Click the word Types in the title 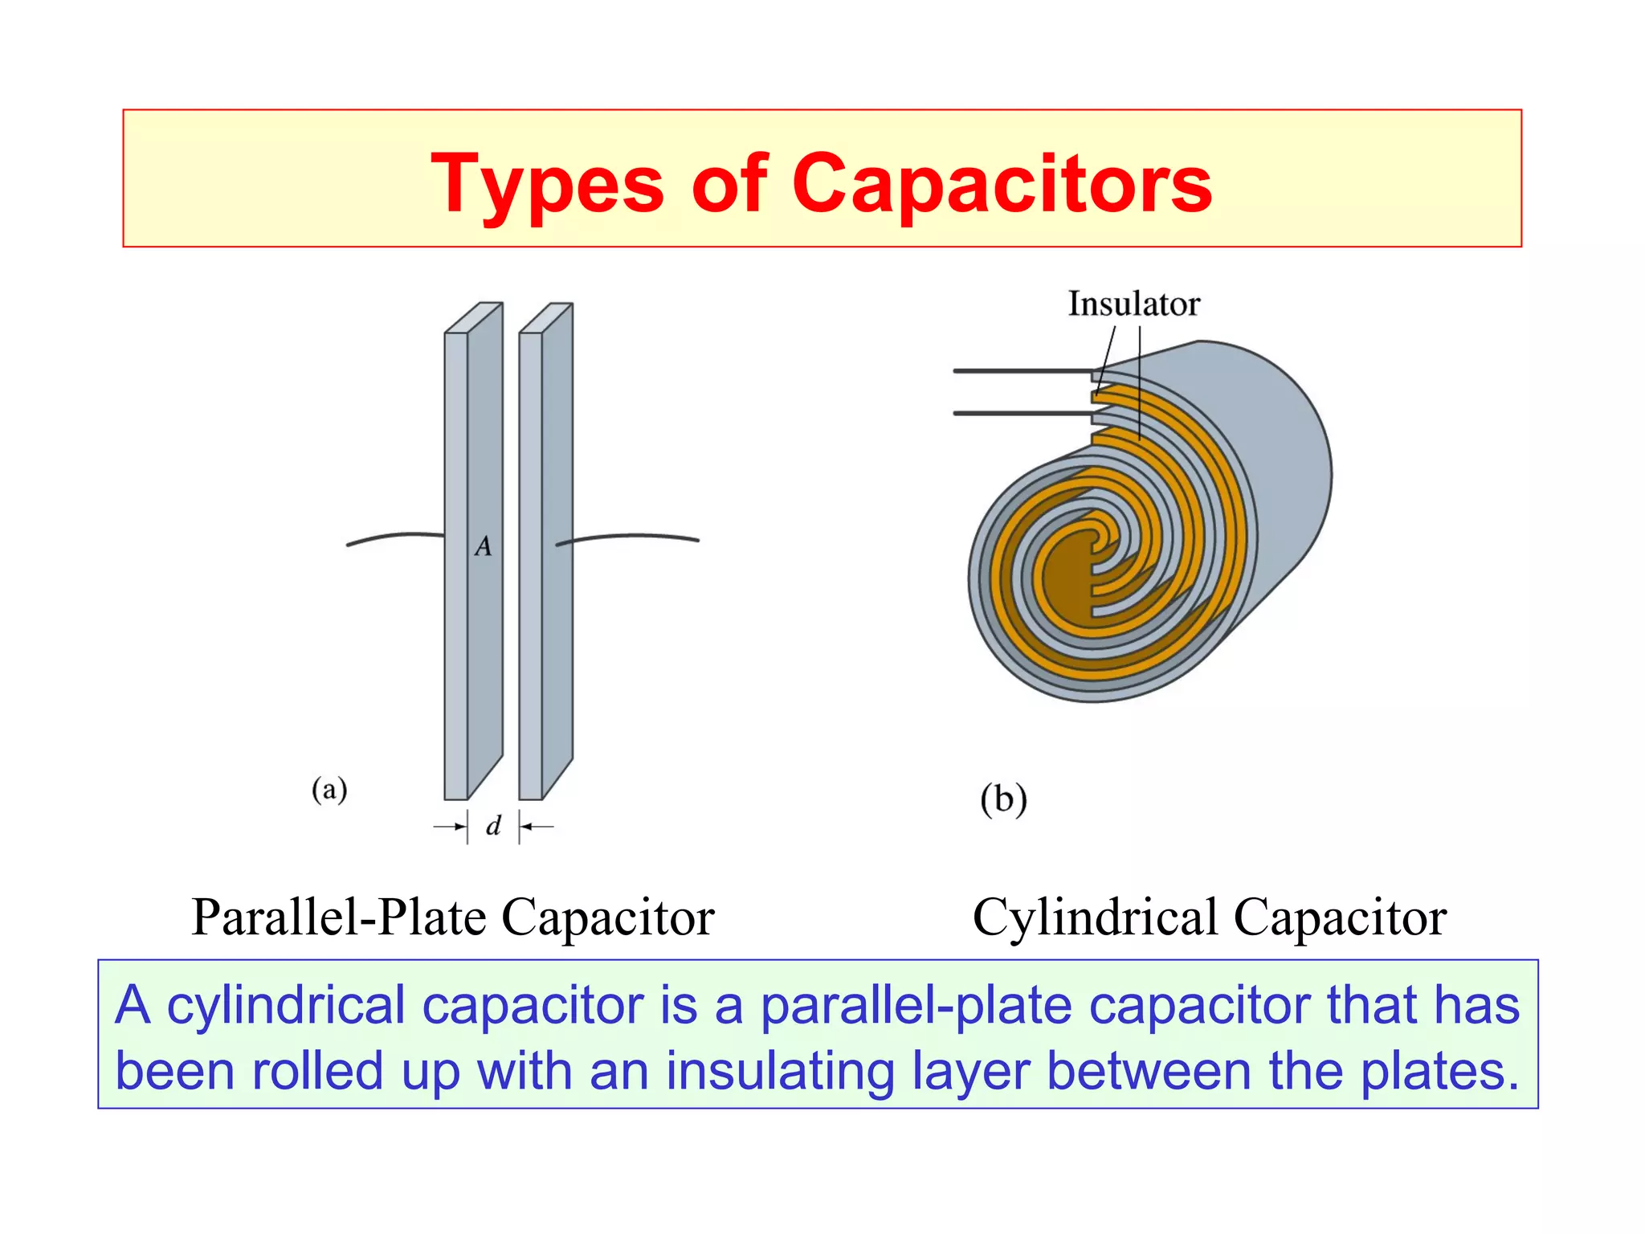[x=546, y=185]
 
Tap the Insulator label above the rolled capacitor [x=1133, y=304]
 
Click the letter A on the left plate [x=483, y=546]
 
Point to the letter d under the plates [x=493, y=825]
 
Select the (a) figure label [x=329, y=789]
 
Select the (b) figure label [x=1003, y=799]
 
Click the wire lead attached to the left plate [x=394, y=536]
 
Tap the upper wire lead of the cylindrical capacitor [x=1020, y=370]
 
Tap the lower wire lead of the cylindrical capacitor [x=1020, y=413]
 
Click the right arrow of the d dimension [x=536, y=826]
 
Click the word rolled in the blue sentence [x=316, y=1071]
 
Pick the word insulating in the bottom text [x=780, y=1071]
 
